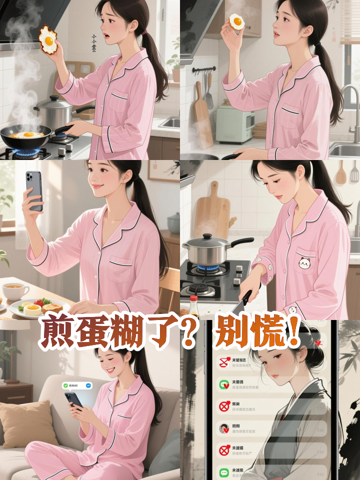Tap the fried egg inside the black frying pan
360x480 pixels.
27,134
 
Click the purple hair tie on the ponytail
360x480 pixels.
144,32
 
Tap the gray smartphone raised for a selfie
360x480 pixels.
34,190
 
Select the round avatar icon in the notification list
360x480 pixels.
224,428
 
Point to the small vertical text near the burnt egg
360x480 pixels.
93,43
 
